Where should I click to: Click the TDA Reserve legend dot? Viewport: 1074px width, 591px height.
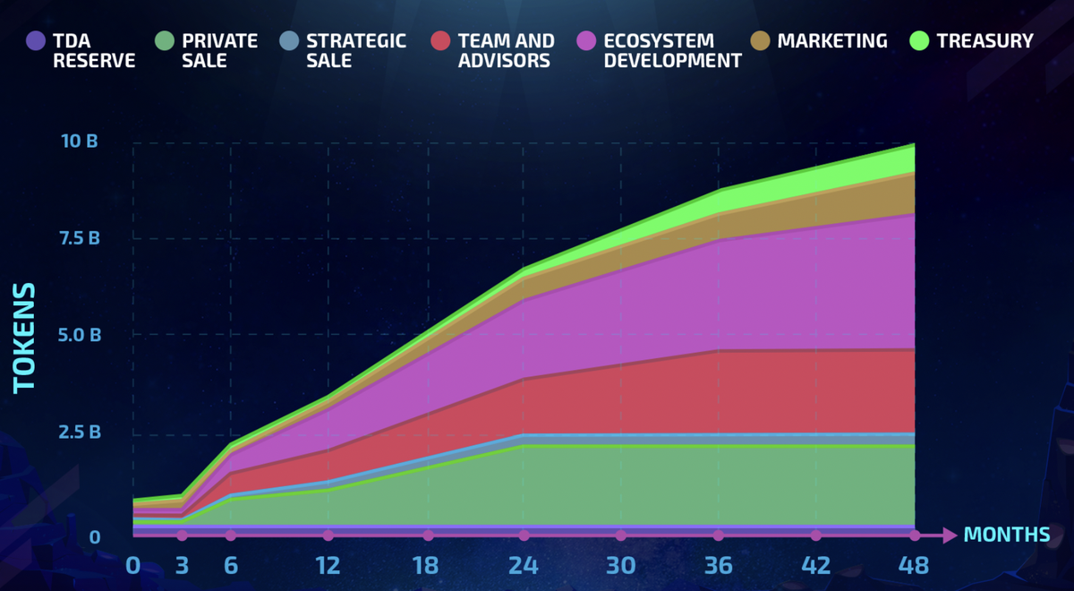pos(36,41)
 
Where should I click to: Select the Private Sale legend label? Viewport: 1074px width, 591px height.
pos(219,51)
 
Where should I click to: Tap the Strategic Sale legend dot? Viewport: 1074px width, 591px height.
pos(288,41)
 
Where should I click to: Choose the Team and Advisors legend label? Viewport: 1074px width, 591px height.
pos(506,51)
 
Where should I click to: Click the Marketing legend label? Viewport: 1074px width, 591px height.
pos(832,41)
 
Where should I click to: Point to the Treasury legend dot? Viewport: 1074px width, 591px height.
pos(919,41)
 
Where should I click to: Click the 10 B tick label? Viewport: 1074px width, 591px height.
pos(80,141)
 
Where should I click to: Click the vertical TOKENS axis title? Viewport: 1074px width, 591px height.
pos(24,337)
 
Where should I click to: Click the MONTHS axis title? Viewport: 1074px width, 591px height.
pos(1007,535)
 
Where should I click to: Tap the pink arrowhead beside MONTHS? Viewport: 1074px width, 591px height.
pos(950,535)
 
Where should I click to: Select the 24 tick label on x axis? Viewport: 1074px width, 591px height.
pos(523,566)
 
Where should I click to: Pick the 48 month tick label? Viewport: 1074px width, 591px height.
pos(915,566)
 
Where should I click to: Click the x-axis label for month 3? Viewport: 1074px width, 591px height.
pos(182,566)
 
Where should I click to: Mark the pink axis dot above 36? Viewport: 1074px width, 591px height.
pos(719,535)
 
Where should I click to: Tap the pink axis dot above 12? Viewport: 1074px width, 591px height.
pos(328,535)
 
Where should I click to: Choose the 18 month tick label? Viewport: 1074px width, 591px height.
pos(426,566)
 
